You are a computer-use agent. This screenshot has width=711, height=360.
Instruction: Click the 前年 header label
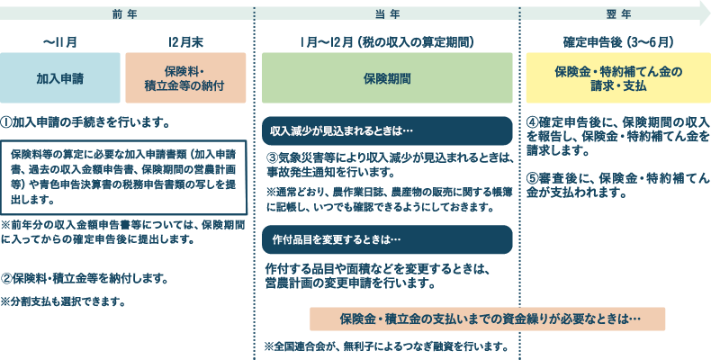click(x=124, y=14)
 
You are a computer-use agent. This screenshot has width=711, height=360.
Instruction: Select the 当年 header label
click(x=387, y=14)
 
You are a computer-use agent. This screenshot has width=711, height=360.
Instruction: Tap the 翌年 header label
click(x=618, y=14)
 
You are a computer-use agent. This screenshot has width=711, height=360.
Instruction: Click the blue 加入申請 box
click(x=60, y=78)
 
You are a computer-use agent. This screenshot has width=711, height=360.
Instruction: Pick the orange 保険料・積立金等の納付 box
click(x=185, y=78)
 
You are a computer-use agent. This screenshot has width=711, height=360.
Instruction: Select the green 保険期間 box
click(x=387, y=78)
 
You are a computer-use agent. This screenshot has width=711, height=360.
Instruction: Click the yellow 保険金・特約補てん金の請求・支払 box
click(x=618, y=78)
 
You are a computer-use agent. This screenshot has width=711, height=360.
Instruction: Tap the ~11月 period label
click(x=60, y=42)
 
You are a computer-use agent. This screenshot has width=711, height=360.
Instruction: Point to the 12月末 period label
click(x=185, y=42)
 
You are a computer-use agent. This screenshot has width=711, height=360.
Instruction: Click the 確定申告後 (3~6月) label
click(x=618, y=42)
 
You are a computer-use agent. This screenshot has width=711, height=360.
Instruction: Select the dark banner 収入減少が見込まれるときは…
click(x=387, y=131)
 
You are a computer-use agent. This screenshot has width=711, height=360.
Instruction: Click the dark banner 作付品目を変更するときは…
click(x=387, y=239)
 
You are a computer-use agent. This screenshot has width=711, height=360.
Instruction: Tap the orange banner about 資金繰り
click(x=488, y=319)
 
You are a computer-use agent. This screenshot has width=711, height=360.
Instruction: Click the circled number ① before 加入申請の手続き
click(x=6, y=122)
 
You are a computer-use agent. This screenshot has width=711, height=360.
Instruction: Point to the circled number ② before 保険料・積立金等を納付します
click(x=6, y=278)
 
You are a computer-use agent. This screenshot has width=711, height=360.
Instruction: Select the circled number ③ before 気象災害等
click(x=272, y=158)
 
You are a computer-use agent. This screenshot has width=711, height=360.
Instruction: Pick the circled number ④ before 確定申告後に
click(x=532, y=123)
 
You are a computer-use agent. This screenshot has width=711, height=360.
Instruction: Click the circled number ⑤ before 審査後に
click(x=532, y=177)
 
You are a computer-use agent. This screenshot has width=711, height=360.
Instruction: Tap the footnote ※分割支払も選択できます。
click(x=63, y=301)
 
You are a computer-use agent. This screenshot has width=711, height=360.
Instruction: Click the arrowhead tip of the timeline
click(x=710, y=13)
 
